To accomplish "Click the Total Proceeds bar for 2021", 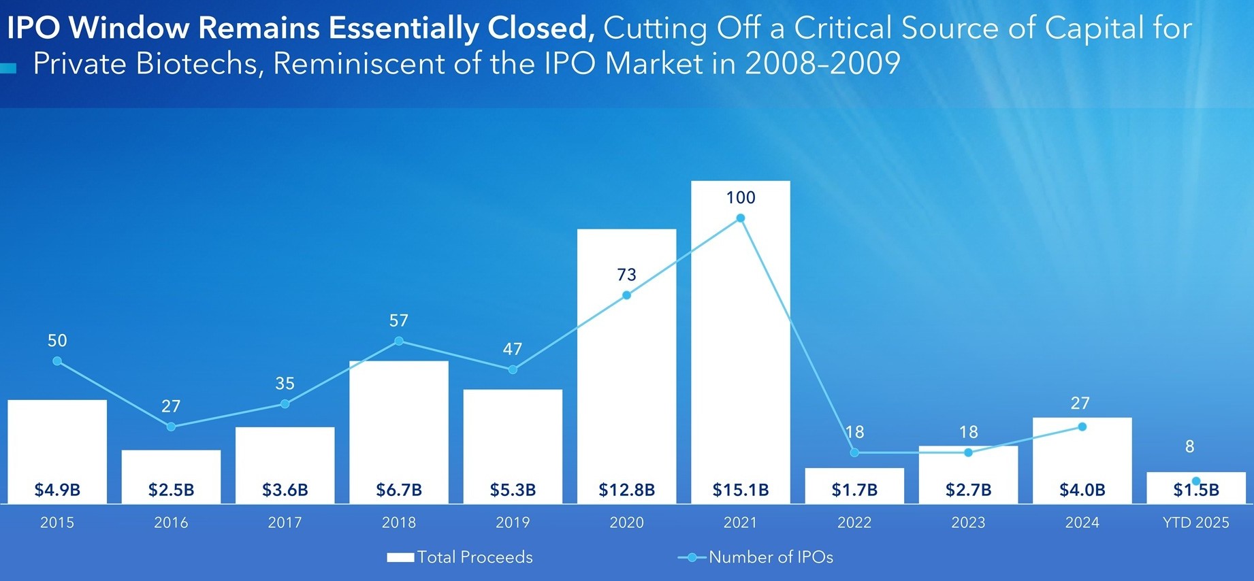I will click(x=741, y=340).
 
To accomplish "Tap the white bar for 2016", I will click(x=171, y=469).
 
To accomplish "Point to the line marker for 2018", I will click(x=399, y=341).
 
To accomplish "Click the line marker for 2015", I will click(x=57, y=361).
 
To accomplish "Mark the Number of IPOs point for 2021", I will click(x=741, y=218).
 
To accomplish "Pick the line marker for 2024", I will click(x=1082, y=427).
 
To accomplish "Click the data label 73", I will click(x=626, y=275).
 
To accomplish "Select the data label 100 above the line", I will click(x=741, y=198).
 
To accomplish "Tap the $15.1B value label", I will click(x=741, y=490).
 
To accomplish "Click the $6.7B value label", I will click(x=399, y=490).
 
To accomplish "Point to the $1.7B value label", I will click(x=854, y=490).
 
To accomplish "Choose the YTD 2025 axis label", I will click(x=1196, y=522).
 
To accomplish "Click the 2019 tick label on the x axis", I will click(x=513, y=522).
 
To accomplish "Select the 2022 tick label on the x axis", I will click(x=854, y=522).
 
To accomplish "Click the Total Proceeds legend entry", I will click(x=460, y=557).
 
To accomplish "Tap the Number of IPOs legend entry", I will click(x=756, y=557).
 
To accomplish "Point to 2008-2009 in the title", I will click(x=822, y=64).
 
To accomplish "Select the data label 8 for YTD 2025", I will click(x=1189, y=447).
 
